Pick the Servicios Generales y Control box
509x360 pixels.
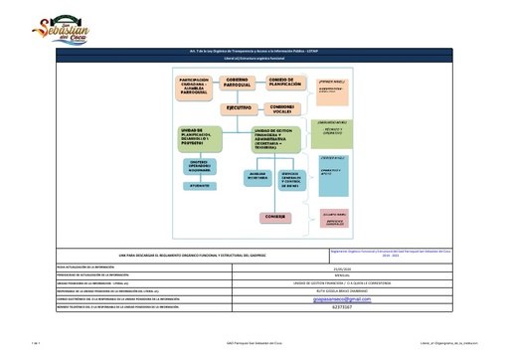[298, 178]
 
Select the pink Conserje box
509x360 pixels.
[275, 217]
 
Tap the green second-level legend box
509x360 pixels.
[332, 133]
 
